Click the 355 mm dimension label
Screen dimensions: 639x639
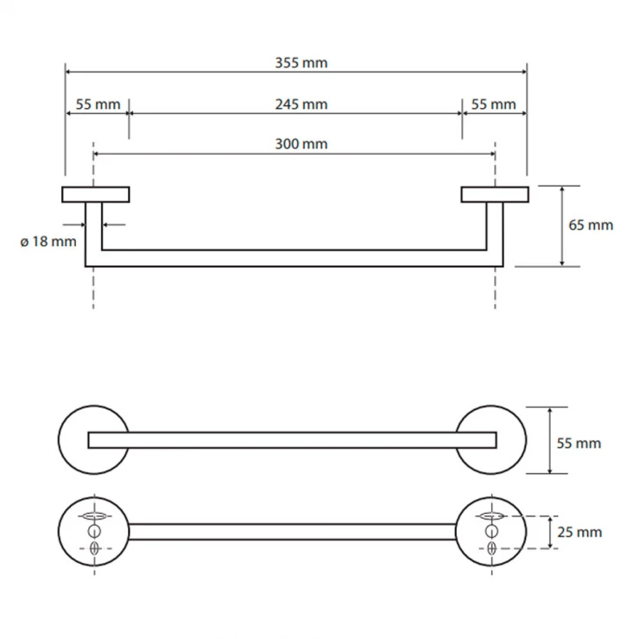(301, 63)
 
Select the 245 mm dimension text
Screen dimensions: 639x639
(301, 104)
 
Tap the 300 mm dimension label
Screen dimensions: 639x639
(301, 144)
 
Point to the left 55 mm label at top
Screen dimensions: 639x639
(98, 104)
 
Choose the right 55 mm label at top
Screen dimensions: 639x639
(494, 104)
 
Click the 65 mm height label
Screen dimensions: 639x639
(591, 225)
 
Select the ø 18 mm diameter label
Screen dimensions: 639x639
(48, 242)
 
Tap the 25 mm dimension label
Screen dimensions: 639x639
(579, 532)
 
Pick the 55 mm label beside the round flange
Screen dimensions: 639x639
(579, 443)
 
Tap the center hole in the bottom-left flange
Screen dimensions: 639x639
(94, 531)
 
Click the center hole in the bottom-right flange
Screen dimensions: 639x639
(491, 531)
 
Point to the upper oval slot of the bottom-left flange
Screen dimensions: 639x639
(94, 516)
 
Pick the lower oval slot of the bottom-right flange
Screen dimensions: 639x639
(491, 548)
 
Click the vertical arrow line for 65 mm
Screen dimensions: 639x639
(562, 226)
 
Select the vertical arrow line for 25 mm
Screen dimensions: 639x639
(550, 532)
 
